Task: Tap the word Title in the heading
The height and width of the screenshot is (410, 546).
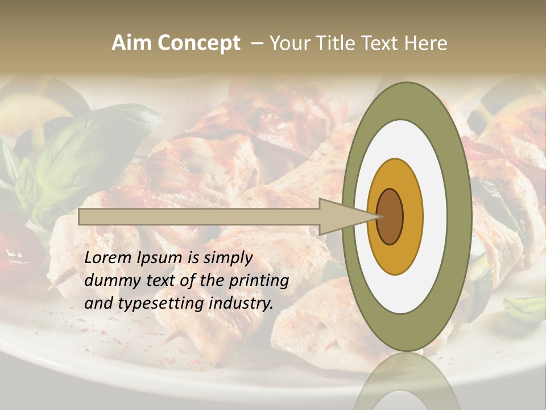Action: click(333, 43)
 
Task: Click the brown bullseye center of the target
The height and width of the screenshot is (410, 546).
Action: click(390, 216)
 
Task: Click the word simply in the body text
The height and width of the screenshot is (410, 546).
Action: click(227, 258)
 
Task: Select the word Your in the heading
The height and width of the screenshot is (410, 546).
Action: click(287, 43)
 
